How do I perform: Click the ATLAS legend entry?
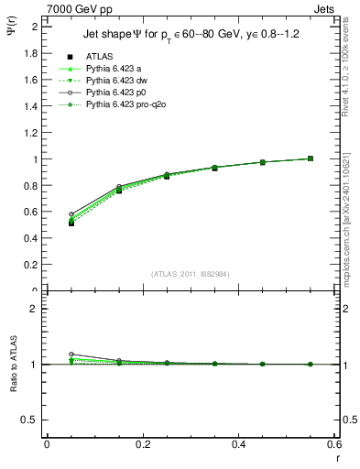pyautogui.click(x=101, y=56)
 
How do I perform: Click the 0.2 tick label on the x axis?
pyautogui.click(x=142, y=444)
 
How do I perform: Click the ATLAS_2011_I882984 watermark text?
pyautogui.click(x=191, y=274)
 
